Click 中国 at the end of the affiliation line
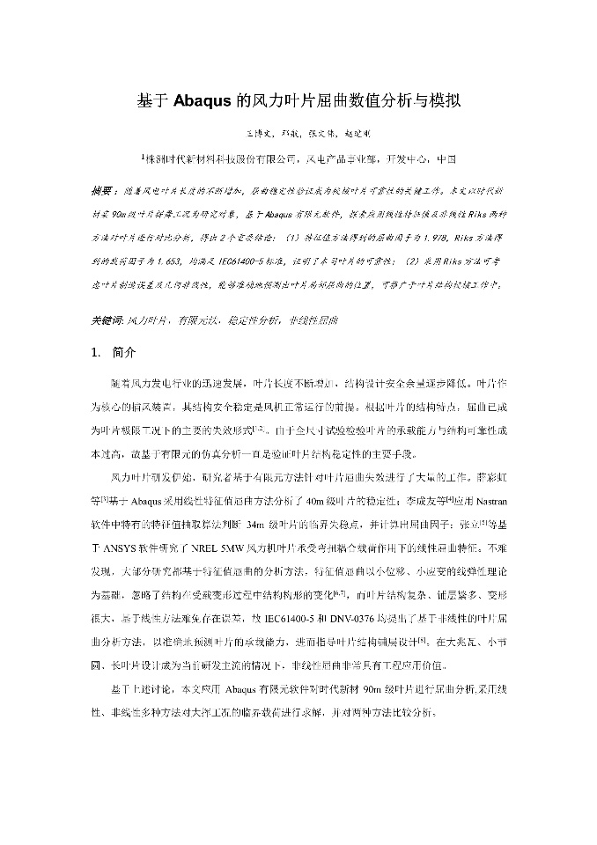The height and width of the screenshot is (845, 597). (x=446, y=159)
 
